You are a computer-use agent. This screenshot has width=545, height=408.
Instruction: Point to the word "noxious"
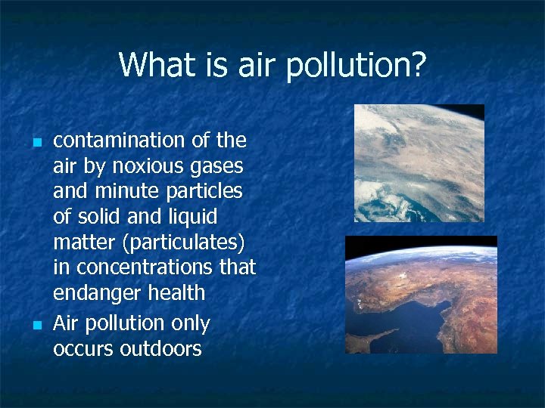pos(132,166)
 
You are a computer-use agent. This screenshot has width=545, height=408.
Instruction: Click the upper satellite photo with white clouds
pos(419,162)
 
